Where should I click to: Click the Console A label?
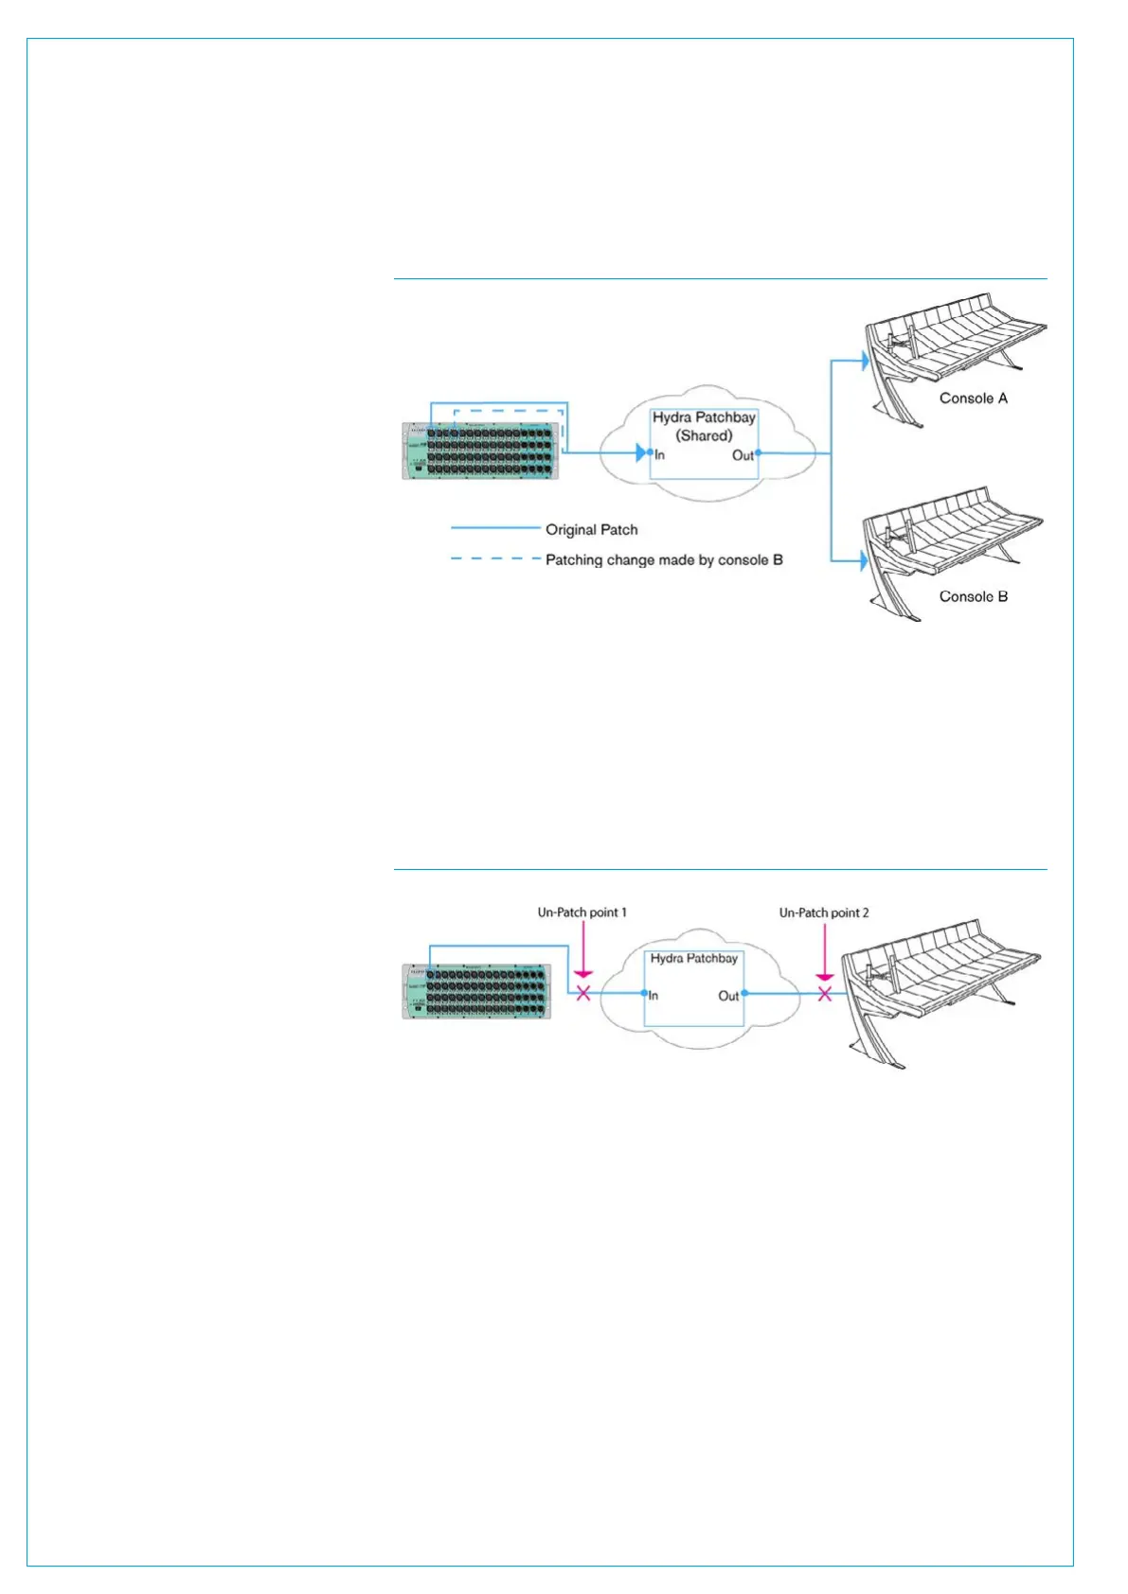tap(973, 398)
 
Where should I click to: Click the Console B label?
tap(973, 596)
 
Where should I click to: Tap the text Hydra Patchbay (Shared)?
tap(704, 427)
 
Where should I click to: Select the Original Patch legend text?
tap(591, 530)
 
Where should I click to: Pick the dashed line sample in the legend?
tap(493, 559)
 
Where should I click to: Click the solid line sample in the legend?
tap(493, 528)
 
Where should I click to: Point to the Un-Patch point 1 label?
tap(582, 912)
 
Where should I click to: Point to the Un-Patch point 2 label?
tap(823, 912)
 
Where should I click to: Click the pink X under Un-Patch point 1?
tap(583, 993)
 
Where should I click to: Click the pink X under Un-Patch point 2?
tap(825, 994)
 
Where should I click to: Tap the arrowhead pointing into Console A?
tap(862, 360)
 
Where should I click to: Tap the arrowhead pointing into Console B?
tap(862, 560)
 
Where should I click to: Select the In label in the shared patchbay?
tap(660, 455)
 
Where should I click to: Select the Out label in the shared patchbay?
tap(743, 455)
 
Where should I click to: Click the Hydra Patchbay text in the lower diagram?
tap(693, 959)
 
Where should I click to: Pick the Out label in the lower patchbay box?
tap(727, 996)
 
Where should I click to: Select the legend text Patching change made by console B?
tap(664, 560)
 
